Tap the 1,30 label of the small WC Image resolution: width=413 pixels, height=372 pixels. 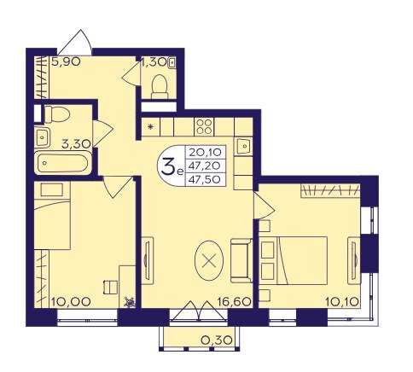pyautogui.click(x=154, y=62)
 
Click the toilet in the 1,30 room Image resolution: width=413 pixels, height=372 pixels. pyautogui.click(x=159, y=83)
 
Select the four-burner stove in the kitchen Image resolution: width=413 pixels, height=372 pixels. pyautogui.click(x=206, y=128)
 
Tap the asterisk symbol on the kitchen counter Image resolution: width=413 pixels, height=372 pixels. pyautogui.click(x=151, y=128)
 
